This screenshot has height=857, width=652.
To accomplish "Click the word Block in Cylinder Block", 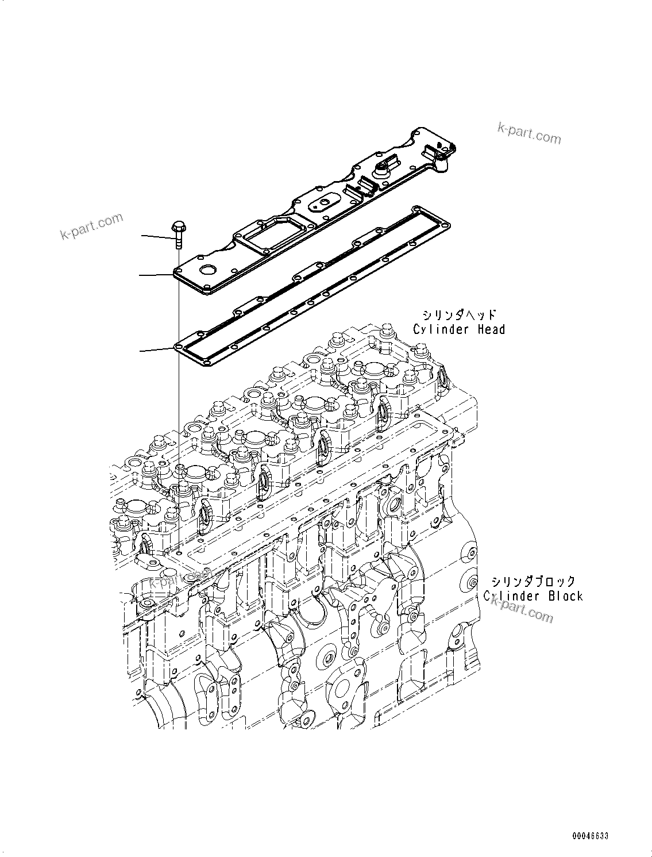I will point(565,596).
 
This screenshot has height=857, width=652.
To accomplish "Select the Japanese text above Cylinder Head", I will point(460,314).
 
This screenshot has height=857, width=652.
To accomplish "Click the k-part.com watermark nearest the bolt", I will point(91,226).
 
